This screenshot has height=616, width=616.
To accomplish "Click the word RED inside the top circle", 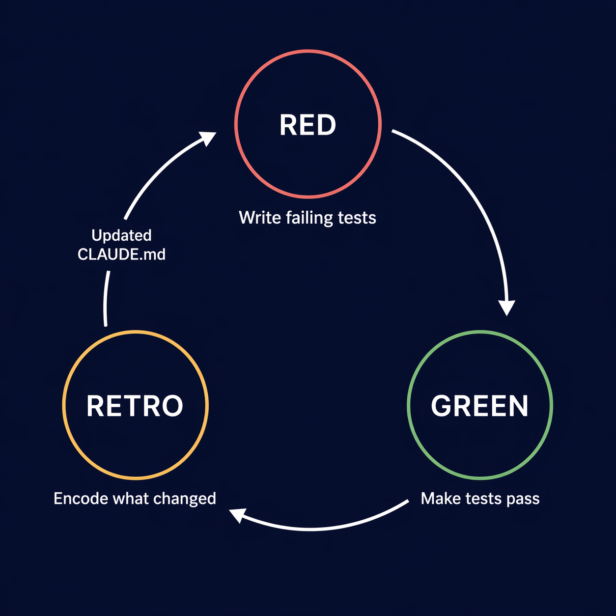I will point(308,125).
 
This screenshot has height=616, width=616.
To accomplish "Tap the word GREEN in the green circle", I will point(479,406).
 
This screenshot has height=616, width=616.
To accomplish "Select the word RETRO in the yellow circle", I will point(135,406).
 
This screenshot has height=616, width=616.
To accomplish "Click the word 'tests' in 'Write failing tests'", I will point(357,218).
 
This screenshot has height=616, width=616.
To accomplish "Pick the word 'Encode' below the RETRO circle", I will point(80,499).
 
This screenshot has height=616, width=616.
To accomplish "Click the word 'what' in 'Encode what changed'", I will point(130,499).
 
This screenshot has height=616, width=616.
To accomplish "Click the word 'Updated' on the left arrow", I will point(121,235).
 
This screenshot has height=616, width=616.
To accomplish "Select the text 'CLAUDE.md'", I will point(121,254).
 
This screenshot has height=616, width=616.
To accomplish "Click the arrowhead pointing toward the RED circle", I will point(208,138).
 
